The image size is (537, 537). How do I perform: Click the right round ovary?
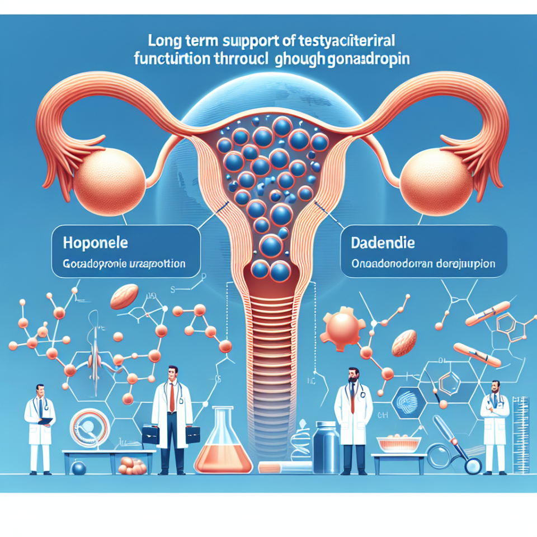tap(431, 178)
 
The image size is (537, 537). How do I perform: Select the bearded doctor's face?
tap(352, 376)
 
